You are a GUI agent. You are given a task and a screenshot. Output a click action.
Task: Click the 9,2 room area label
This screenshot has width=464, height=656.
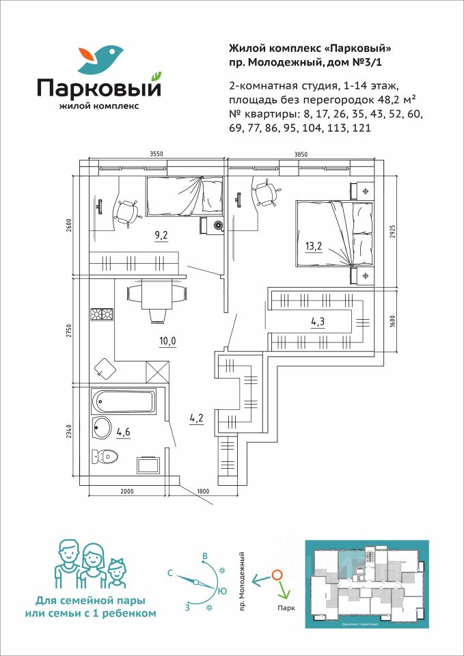(x=162, y=236)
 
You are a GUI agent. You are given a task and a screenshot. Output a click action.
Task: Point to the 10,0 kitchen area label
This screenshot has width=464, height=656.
(x=167, y=342)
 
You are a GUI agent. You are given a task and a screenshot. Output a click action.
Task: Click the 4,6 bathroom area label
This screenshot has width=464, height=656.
(x=123, y=431)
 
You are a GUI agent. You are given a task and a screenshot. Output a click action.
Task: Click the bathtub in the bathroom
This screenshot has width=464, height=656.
(x=124, y=401)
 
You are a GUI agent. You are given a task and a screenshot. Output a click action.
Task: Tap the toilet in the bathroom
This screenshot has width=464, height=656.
(x=105, y=456)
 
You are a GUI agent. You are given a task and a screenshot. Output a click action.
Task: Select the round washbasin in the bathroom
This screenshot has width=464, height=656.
(x=102, y=428)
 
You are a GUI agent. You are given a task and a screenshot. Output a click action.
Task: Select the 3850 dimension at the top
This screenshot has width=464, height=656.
(x=301, y=155)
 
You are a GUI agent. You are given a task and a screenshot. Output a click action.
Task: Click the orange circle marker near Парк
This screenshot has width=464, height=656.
(x=277, y=575)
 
